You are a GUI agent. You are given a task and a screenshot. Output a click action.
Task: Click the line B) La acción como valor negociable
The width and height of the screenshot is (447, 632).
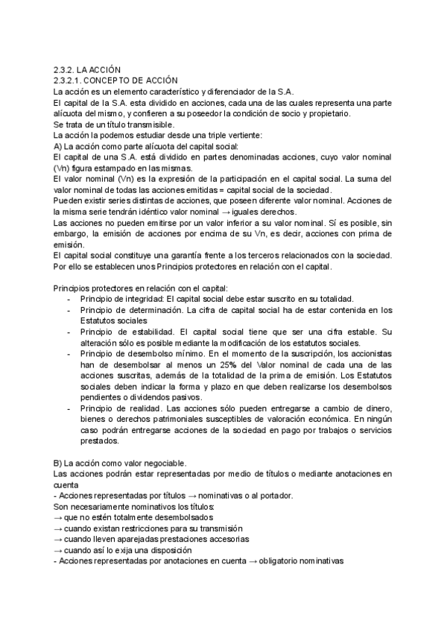tap(120, 462)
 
